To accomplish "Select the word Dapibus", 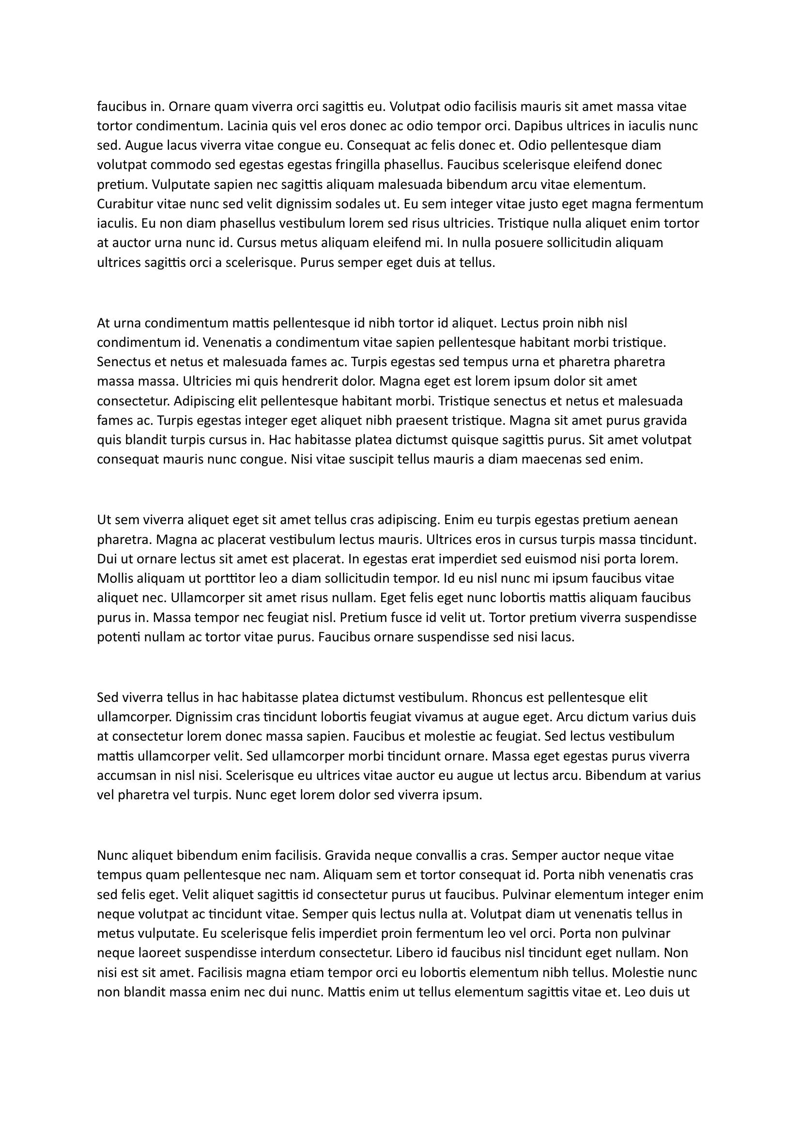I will pyautogui.click(x=537, y=126).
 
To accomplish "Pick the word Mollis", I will pyautogui.click(x=113, y=578).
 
